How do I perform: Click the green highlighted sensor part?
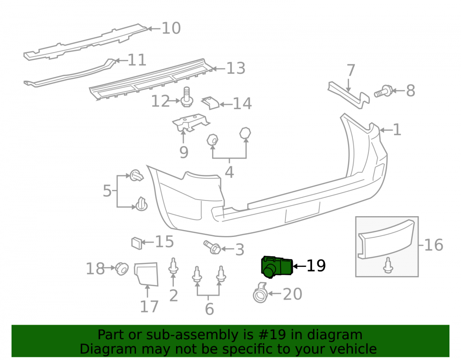[x=277, y=266]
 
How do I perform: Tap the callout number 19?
[x=316, y=266]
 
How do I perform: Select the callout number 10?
[x=171, y=28]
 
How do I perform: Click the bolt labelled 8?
[x=383, y=91]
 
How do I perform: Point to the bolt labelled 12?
[x=186, y=97]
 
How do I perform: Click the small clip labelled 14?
[x=210, y=103]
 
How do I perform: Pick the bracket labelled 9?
[x=191, y=123]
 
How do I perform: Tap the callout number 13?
[x=236, y=68]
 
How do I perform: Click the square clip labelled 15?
[x=136, y=243]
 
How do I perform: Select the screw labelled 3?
[x=212, y=248]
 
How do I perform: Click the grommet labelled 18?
[x=121, y=268]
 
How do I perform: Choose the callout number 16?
[x=434, y=245]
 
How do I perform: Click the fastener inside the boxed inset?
[x=388, y=265]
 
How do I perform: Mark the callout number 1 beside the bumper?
[x=397, y=130]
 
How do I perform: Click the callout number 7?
[x=351, y=71]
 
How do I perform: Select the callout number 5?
[x=107, y=191]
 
